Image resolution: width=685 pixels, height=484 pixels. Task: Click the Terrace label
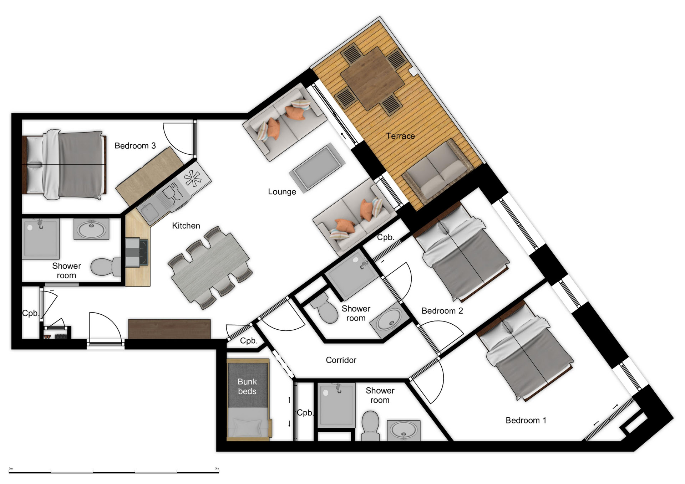[400, 136]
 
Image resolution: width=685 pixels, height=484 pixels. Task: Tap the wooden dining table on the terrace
[372, 78]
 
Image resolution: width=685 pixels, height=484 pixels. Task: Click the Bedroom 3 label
[135, 145]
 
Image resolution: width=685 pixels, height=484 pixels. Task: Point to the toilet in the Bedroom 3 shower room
[106, 267]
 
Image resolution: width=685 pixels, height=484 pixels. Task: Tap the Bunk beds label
[247, 386]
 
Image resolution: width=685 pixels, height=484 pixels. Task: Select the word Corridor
[341, 360]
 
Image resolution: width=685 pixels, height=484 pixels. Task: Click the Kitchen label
[186, 226]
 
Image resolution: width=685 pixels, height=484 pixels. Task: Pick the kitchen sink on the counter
[149, 212]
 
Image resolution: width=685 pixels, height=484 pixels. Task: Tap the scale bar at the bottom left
[114, 472]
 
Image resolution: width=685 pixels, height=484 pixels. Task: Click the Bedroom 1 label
[526, 420]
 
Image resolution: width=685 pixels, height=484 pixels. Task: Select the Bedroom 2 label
[442, 311]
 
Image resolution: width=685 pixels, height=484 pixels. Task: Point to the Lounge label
[282, 192]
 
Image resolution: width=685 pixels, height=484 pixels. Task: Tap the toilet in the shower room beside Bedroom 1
[370, 426]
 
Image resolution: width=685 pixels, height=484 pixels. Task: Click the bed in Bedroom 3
[64, 164]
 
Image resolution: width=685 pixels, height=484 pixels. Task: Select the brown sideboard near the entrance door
[169, 329]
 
